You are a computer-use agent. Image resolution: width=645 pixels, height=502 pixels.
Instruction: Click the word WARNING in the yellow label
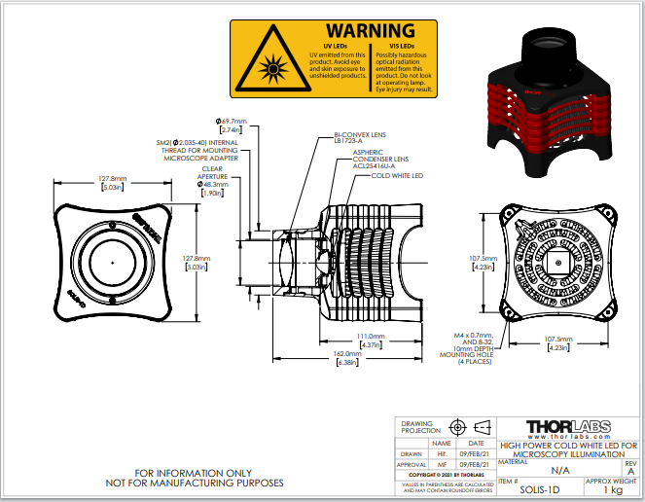click(x=370, y=31)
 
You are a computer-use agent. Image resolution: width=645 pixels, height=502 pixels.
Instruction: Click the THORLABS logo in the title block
click(x=567, y=428)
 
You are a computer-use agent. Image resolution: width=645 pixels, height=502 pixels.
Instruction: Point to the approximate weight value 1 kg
click(x=612, y=489)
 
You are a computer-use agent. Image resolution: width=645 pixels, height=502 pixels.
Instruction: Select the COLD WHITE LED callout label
click(x=397, y=176)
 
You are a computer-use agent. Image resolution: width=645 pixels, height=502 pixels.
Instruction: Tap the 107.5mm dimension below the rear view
click(x=557, y=343)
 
